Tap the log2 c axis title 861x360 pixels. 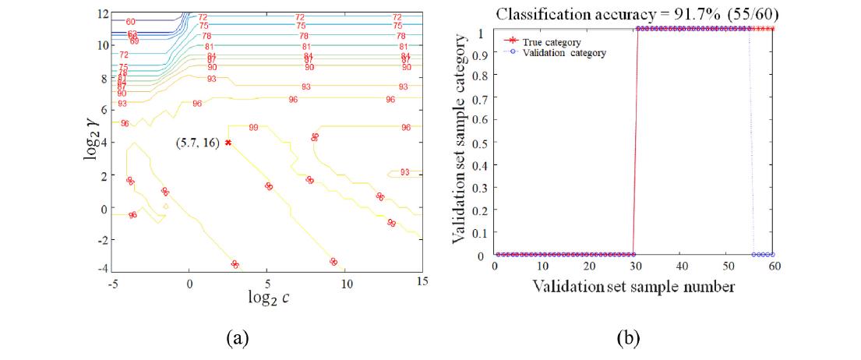[x=267, y=298]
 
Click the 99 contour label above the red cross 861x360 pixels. [x=253, y=127]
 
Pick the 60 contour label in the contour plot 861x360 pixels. [x=130, y=22]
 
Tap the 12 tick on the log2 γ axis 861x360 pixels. [x=103, y=15]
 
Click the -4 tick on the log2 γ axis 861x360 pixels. [x=101, y=268]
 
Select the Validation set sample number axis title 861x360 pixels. [x=633, y=287]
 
